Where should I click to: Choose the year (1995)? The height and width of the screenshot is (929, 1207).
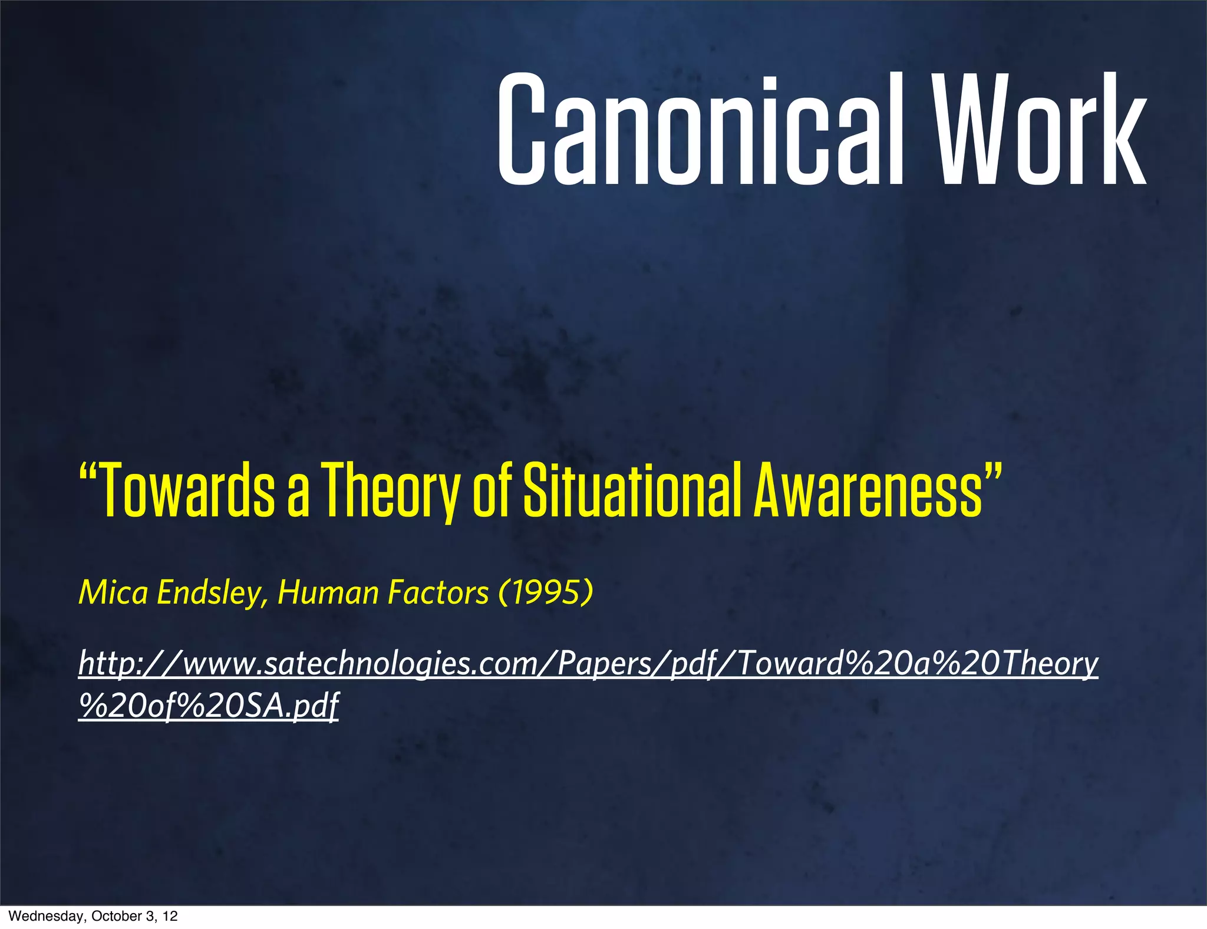(545, 592)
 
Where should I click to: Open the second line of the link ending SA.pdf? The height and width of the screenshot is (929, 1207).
(209, 706)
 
